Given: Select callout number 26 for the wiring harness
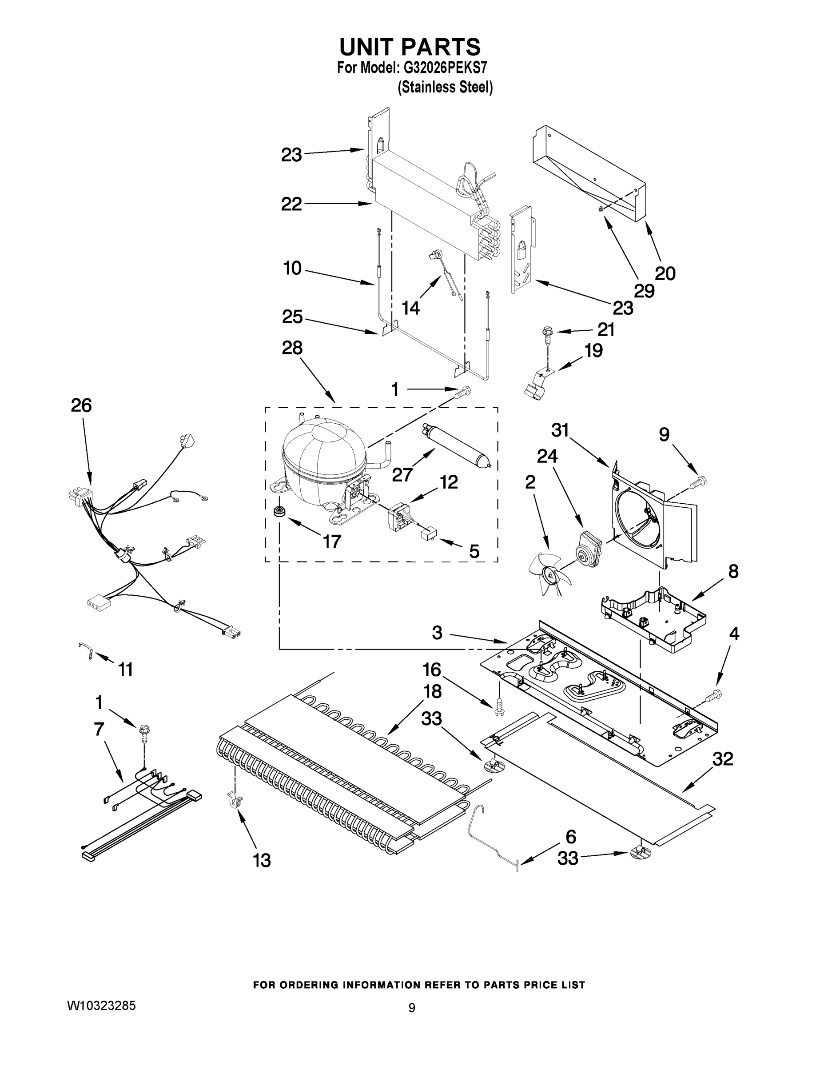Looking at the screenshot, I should pyautogui.click(x=81, y=405).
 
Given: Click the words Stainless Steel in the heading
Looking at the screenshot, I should pyautogui.click(x=445, y=88).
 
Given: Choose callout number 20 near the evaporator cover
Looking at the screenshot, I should pyautogui.click(x=665, y=273).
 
